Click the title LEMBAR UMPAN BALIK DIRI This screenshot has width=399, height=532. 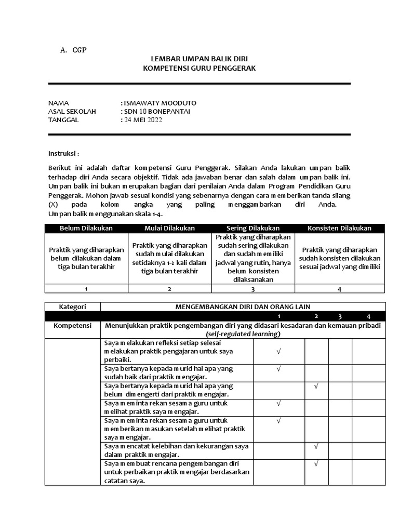tap(199, 59)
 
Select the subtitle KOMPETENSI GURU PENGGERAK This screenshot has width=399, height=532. tap(199, 68)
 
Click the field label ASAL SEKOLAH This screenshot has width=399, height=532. tap(72, 111)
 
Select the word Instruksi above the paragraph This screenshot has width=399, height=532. tap(63, 154)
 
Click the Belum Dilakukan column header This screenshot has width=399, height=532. tap(86, 228)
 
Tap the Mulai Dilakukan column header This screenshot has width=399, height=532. tap(169, 228)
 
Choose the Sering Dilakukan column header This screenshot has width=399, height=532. tap(253, 228)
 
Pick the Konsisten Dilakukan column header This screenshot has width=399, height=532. tap(339, 228)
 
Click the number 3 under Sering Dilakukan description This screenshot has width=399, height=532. tap(253, 289)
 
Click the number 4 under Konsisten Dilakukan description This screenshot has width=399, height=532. tap(339, 289)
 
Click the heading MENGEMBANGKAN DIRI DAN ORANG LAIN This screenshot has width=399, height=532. tap(242, 307)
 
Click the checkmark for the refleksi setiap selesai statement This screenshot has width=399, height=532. tap(279, 352)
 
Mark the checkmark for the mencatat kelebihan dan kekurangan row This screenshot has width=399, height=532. tap(316, 446)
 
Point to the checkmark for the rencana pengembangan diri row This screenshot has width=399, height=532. tap(316, 463)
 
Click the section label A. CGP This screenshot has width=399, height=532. tap(73, 50)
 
